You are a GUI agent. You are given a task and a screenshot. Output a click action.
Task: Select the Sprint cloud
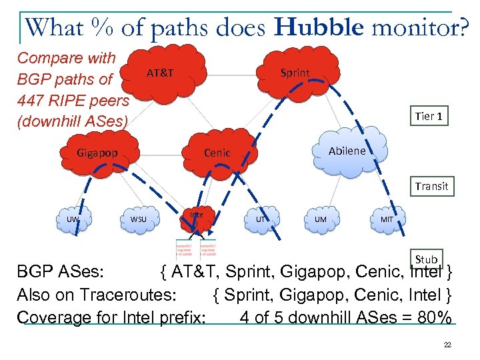pyautogui.click(x=294, y=74)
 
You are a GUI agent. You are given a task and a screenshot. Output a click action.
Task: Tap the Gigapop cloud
pyautogui.click(x=97, y=153)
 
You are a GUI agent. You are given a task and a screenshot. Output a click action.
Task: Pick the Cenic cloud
pyautogui.click(x=217, y=153)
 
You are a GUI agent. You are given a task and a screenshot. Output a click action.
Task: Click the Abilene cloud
pyautogui.click(x=347, y=151)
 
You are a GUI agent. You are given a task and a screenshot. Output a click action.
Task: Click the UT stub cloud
pyautogui.click(x=261, y=219)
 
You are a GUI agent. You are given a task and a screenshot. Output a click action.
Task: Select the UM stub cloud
pyautogui.click(x=320, y=219)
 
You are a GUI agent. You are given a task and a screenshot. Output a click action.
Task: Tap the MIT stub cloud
pyautogui.click(x=386, y=219)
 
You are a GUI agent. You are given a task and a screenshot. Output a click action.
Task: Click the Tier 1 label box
pyautogui.click(x=428, y=116)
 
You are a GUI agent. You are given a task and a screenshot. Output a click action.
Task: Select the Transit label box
pyautogui.click(x=431, y=186)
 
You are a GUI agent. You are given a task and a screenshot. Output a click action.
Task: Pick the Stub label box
pyautogui.click(x=426, y=259)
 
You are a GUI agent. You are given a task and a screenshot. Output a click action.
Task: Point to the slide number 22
pyautogui.click(x=447, y=345)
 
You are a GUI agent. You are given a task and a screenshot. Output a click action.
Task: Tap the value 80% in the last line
pyautogui.click(x=432, y=316)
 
